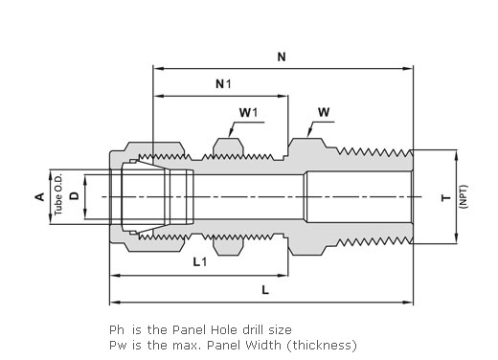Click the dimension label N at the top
(282, 57)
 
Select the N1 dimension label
(223, 84)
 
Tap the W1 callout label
(248, 112)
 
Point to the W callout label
(324, 112)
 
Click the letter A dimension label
(39, 197)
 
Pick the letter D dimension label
(75, 196)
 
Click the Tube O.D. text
(57, 194)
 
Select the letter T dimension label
(446, 198)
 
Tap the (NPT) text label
(464, 197)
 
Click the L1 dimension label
(200, 262)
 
